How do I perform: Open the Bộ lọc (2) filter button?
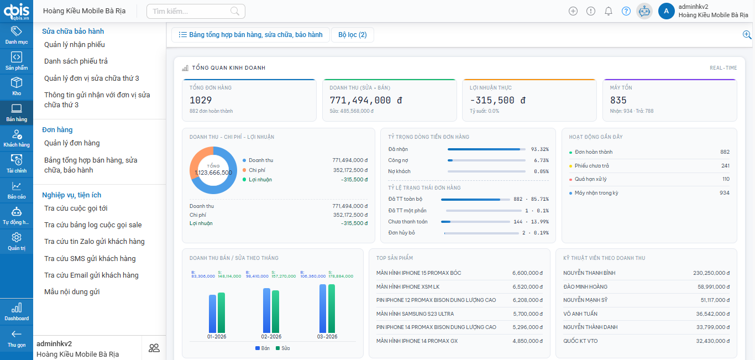[352, 35]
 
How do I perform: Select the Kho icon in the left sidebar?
[17, 86]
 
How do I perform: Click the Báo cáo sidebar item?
[17, 190]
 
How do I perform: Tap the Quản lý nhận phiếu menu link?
[75, 45]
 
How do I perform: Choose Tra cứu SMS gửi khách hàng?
[90, 259]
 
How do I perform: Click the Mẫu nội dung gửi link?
[72, 292]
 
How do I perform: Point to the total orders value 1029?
[201, 100]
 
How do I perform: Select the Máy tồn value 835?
[618, 100]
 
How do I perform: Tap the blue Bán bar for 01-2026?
[212, 314]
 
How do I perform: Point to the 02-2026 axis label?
[271, 337]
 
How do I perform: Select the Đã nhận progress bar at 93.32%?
[486, 149]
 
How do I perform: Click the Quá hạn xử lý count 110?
[726, 179]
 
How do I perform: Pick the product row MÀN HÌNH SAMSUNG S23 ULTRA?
[415, 314]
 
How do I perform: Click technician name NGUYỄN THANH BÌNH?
[589, 273]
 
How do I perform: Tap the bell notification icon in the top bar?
[609, 11]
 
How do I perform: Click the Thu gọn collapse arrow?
[17, 337]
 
